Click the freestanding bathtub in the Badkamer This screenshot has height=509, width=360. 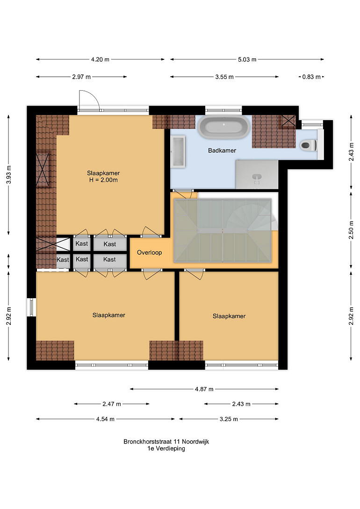click(224, 127)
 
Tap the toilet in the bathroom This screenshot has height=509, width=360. click(308, 144)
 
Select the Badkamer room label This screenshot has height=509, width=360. click(222, 151)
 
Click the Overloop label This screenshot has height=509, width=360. click(149, 252)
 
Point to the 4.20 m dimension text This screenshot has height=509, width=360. click(101, 59)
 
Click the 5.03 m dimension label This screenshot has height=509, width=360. click(247, 59)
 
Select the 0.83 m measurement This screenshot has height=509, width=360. click(311, 77)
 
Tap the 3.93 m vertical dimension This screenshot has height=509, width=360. click(9, 175)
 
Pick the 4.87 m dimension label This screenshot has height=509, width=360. click(204, 389)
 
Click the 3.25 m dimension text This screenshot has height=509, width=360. click(229, 419)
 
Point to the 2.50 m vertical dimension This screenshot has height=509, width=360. click(351, 230)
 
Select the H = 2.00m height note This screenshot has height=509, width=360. click(103, 180)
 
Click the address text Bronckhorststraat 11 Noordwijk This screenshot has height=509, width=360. click(166, 442)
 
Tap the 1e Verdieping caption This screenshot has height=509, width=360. click(166, 449)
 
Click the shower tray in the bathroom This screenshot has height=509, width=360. click(257, 174)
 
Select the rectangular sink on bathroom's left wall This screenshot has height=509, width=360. click(178, 152)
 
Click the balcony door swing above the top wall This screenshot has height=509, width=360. click(89, 100)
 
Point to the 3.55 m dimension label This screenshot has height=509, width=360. click(224, 77)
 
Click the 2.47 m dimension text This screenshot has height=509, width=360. click(112, 404)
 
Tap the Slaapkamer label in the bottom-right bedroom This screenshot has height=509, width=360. click(229, 316)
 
